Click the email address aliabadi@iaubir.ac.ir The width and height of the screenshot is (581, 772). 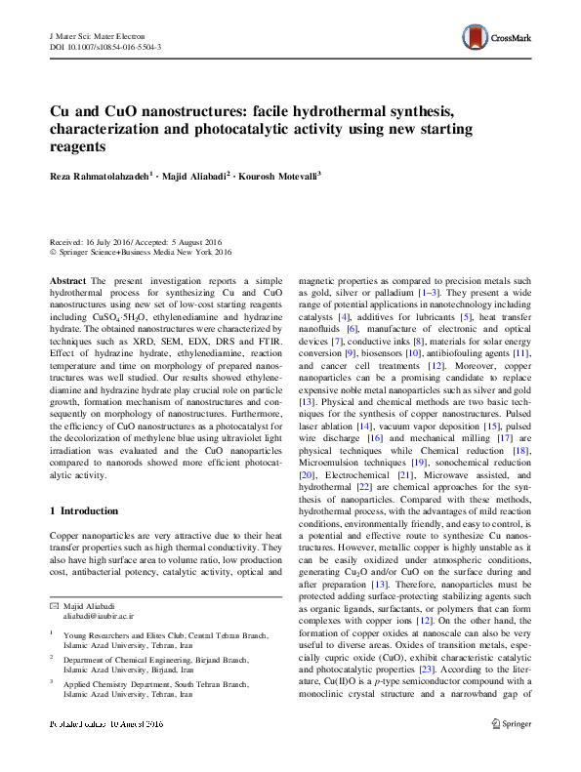click(x=100, y=617)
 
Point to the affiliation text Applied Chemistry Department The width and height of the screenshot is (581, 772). click(x=127, y=711)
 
